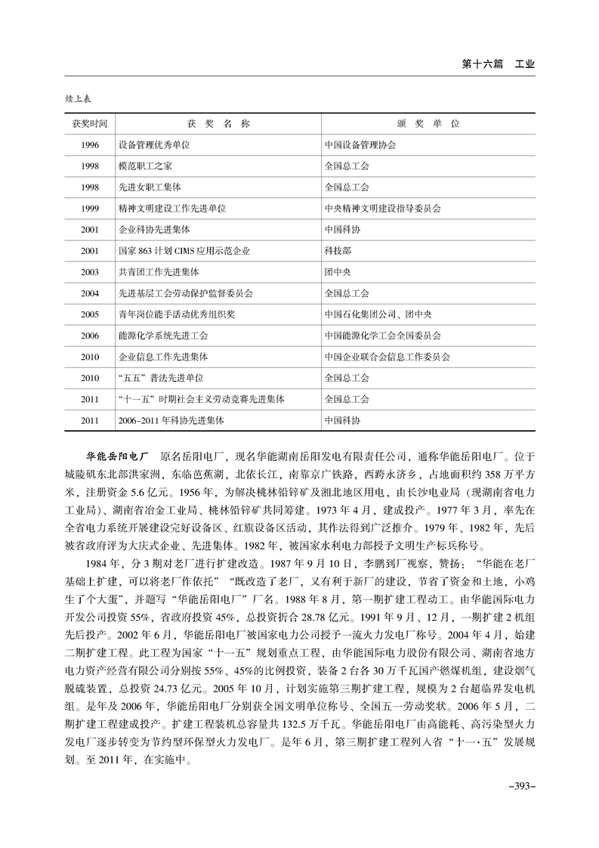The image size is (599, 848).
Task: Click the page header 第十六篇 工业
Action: [x=498, y=64]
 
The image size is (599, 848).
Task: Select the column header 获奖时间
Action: [x=89, y=122]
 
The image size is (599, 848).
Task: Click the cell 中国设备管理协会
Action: [x=360, y=144]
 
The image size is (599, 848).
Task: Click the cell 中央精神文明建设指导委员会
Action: [x=383, y=207]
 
